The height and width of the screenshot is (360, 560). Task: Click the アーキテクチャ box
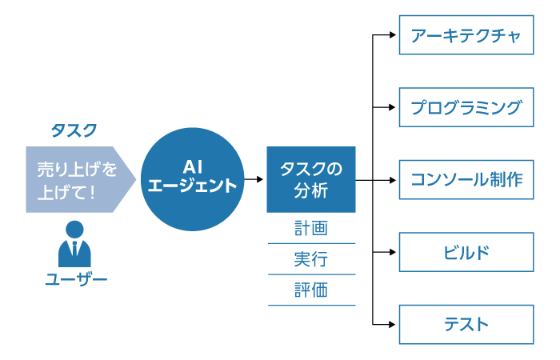click(x=466, y=35)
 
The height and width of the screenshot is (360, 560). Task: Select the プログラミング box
click(x=466, y=107)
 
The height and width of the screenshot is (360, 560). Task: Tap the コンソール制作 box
click(x=466, y=179)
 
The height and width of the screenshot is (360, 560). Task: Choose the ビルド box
click(x=466, y=252)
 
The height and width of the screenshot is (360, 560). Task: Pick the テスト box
click(x=466, y=324)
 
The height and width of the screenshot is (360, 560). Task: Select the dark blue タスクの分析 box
click(x=311, y=179)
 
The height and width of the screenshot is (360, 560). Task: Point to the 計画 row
click(x=311, y=229)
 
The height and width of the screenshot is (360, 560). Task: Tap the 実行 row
click(x=311, y=259)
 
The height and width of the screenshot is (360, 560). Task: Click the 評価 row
click(x=311, y=290)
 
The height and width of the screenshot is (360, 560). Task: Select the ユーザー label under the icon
click(x=75, y=279)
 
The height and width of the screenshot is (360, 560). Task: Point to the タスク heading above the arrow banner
click(x=74, y=130)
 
